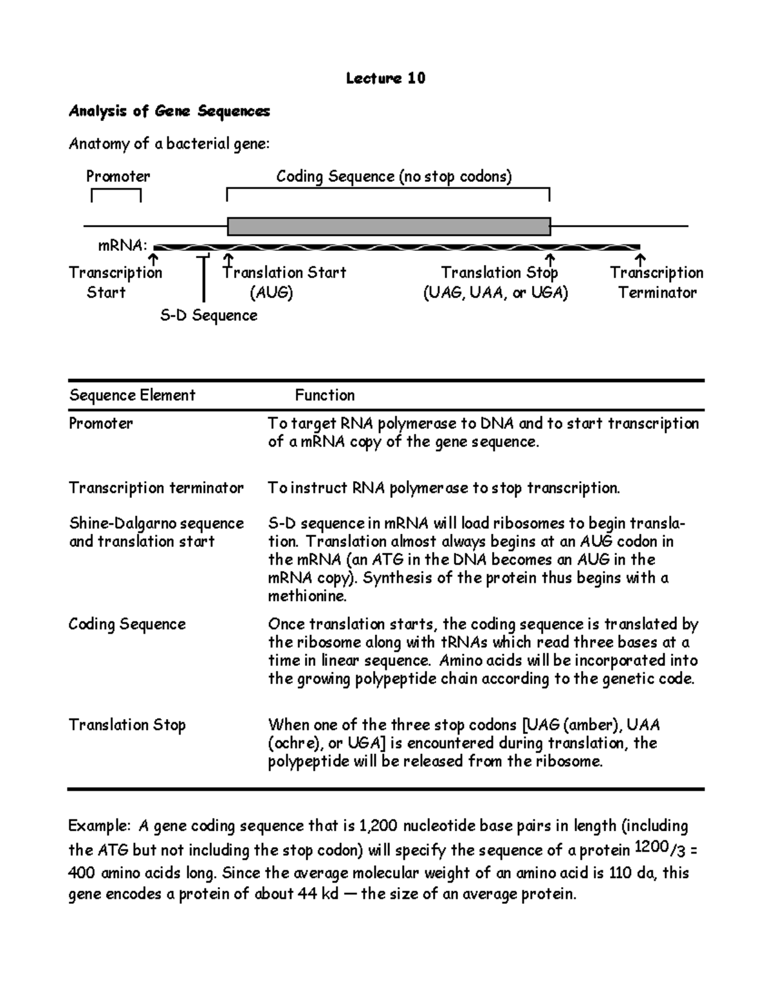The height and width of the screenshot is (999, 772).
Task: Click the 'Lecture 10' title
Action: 385,78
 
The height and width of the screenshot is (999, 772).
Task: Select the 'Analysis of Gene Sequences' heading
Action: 169,111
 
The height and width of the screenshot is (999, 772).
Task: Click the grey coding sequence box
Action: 389,226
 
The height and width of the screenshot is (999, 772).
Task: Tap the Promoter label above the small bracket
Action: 118,176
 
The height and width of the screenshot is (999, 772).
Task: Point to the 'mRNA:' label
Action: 122,246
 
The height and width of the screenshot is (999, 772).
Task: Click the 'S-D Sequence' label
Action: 208,315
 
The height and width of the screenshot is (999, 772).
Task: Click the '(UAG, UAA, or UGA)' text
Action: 495,293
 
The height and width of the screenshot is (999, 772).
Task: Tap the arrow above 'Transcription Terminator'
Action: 639,260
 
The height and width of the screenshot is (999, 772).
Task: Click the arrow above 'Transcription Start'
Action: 153,260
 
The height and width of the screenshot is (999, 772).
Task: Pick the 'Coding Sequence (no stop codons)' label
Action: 394,176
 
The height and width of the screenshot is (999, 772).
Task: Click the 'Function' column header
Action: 324,395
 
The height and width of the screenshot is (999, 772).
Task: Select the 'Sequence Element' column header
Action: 132,395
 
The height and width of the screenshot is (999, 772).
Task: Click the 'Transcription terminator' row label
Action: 156,488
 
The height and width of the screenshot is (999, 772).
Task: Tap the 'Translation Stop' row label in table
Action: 127,725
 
